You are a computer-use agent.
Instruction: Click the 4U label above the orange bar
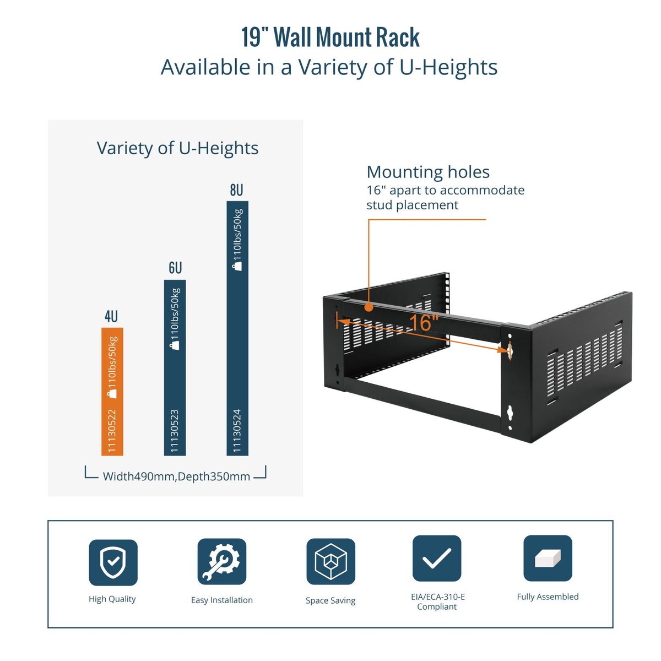111,317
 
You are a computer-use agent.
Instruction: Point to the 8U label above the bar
236,191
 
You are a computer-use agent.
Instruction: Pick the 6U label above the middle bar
175,268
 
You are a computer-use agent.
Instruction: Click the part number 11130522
112,431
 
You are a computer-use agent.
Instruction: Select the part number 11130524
237,431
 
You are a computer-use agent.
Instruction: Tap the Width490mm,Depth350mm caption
176,476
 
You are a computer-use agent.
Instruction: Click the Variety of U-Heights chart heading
177,148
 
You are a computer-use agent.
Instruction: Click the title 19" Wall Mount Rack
330,37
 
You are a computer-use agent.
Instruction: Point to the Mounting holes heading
428,172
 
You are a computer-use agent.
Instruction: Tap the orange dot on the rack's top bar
369,307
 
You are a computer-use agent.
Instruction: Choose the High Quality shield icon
113,562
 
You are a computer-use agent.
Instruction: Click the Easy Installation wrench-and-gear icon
221,562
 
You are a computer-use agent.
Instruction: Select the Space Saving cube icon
330,562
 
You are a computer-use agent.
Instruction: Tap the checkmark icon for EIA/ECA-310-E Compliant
437,559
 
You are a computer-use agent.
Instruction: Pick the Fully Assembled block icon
548,559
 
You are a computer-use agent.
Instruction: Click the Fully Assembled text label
548,597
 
